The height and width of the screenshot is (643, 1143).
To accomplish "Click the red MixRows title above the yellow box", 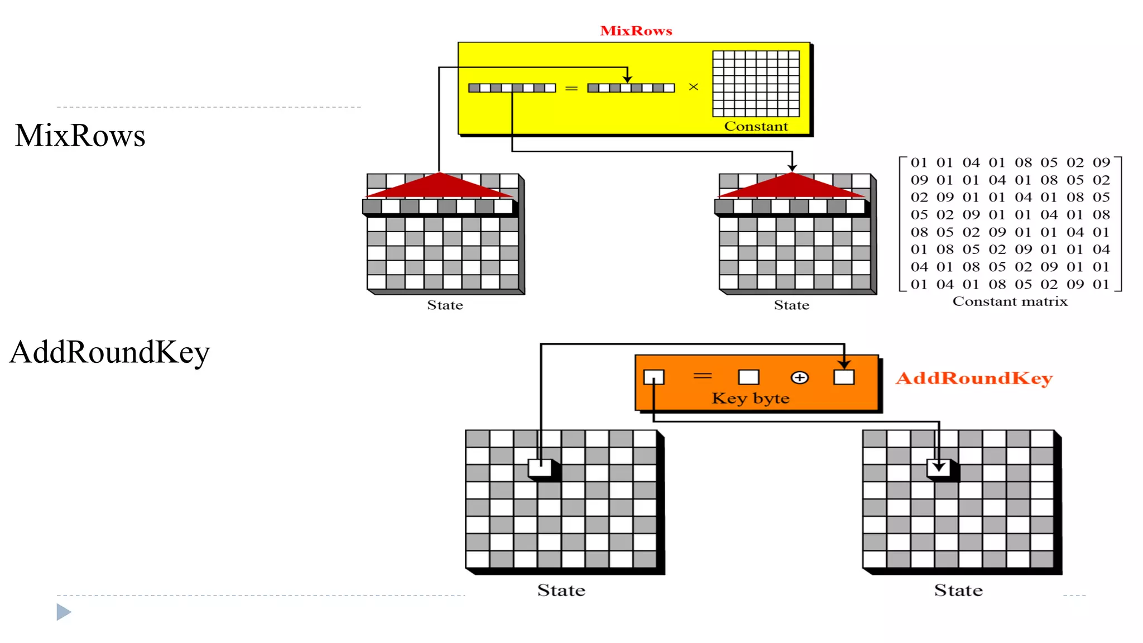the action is coord(636,31).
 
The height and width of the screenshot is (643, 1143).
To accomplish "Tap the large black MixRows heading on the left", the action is coord(80,136).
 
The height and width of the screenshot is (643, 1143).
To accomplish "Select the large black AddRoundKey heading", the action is coord(109,352).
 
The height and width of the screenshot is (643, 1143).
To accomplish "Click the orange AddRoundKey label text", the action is coord(974,378).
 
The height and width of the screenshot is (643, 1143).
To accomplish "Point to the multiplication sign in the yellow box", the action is coord(693,87).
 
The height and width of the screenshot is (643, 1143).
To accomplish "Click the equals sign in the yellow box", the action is coord(571,88).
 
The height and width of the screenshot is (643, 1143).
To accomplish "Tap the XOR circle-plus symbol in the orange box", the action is coord(799,378).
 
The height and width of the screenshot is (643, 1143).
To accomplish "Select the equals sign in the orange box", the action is coord(703,376).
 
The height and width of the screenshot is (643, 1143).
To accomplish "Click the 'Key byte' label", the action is coord(750,399).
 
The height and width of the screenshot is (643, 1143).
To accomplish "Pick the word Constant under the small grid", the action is coord(756,126).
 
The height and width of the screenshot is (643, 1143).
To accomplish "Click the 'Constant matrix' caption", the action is coord(1010,301).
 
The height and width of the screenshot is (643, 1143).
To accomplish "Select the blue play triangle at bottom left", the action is coord(64,612).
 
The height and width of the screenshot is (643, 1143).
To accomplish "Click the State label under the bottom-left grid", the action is coord(561,591).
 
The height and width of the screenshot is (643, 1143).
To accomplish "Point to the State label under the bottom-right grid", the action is coord(958,591).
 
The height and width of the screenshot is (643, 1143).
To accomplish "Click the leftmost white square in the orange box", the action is coord(654,377).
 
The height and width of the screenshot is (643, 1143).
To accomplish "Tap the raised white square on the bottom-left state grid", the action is coord(540,468).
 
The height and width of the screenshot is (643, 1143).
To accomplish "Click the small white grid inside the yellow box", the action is coord(756,84).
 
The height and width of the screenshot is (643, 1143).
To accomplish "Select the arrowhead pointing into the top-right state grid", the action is coord(792,167).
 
